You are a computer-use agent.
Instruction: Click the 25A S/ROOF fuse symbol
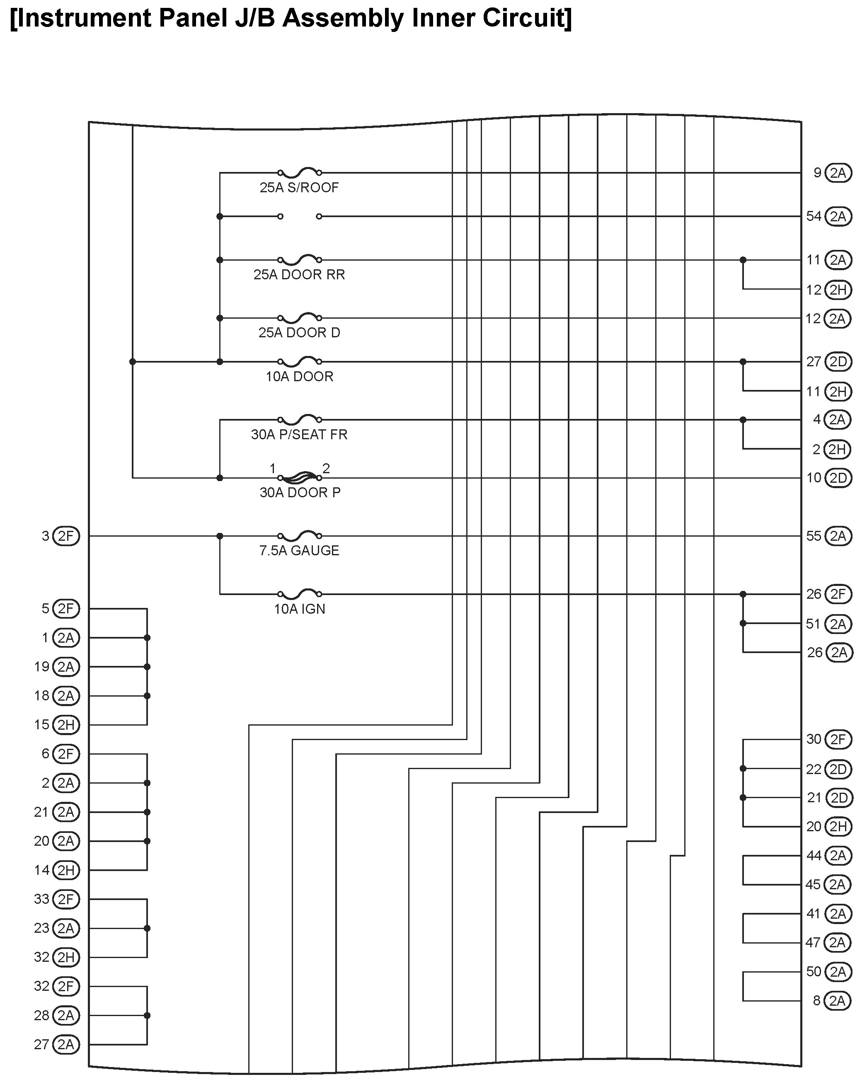pos(300,172)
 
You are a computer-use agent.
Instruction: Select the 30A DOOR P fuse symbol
pos(300,477)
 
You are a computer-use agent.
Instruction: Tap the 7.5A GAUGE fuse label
pos(299,551)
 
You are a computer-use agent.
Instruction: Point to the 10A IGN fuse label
pos(299,609)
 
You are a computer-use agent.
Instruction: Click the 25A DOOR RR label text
pos(299,274)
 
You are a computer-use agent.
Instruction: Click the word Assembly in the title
pos(343,18)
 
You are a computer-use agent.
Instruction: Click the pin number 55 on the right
pos(814,536)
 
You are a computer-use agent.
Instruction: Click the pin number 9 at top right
pos(817,173)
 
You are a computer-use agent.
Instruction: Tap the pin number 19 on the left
pos(41,667)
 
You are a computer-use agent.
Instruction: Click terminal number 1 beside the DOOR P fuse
pos(273,468)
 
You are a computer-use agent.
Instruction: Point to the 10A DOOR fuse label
pos(299,376)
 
